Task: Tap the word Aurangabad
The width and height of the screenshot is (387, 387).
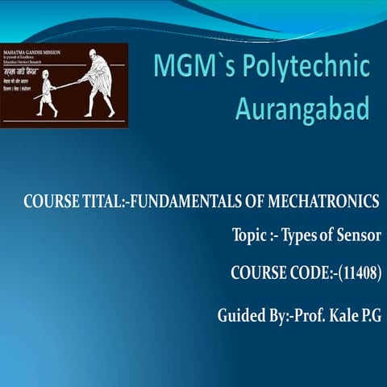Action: coord(302,109)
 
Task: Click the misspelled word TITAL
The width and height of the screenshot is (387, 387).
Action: coord(102,200)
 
